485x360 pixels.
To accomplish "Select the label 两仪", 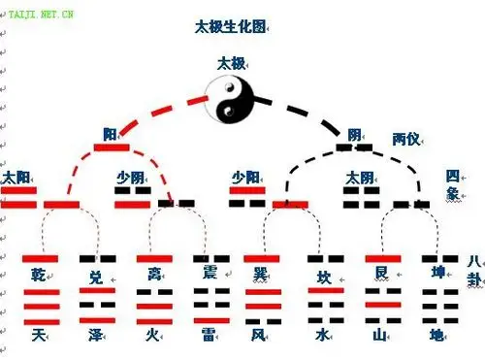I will coord(406,139).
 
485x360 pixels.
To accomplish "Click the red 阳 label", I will coord(111,134).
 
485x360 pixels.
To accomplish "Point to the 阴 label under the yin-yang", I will coord(355,134).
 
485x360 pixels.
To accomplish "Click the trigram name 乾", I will coord(39,275).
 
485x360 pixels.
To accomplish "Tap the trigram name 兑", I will coord(95,277).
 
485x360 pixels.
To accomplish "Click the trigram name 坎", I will coord(324,277).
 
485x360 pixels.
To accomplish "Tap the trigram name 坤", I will coord(436,275).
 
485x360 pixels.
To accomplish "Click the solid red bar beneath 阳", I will coord(112,147).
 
